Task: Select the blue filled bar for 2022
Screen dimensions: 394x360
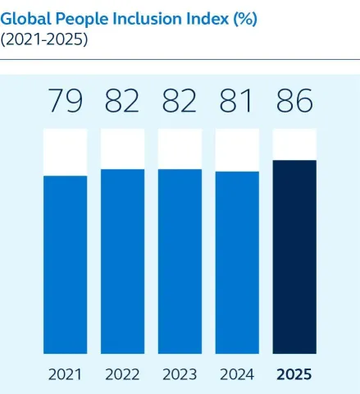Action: click(x=122, y=261)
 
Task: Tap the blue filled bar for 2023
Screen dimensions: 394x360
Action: click(x=180, y=261)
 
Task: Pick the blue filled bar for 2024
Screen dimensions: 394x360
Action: click(x=237, y=263)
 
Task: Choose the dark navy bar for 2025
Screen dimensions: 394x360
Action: click(x=294, y=256)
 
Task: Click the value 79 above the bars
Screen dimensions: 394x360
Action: click(x=65, y=103)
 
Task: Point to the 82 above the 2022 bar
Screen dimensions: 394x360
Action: click(x=122, y=103)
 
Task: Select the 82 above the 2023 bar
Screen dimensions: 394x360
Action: click(x=180, y=103)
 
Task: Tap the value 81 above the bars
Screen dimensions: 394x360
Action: click(x=237, y=103)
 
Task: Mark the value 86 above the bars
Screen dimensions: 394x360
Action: click(x=294, y=103)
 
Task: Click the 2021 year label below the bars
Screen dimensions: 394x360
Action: click(x=65, y=374)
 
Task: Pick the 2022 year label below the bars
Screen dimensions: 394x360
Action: click(x=122, y=374)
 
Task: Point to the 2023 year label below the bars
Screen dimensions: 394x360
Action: click(x=180, y=374)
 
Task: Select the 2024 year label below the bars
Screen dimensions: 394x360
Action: click(x=237, y=374)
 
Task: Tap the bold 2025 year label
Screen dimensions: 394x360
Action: click(x=294, y=374)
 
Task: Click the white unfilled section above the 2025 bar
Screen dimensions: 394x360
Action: click(x=294, y=144)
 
